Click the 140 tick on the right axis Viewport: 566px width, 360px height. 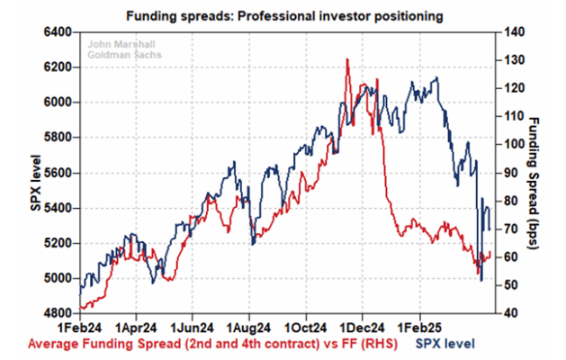click(x=512, y=32)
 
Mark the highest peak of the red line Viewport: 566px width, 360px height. click(x=347, y=59)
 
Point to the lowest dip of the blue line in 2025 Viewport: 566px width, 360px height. click(x=481, y=281)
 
